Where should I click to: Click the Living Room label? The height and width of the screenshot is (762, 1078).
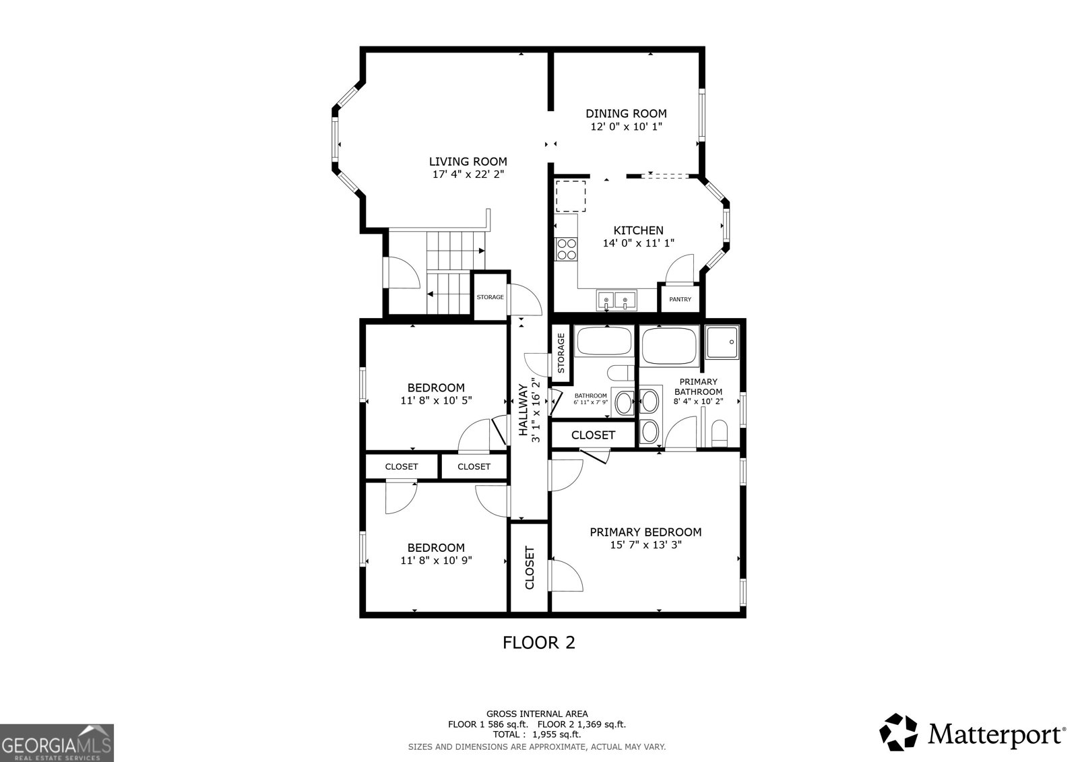(468, 162)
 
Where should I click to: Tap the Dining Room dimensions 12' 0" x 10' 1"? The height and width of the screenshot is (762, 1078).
(625, 127)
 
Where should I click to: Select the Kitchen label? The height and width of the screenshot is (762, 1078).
(638, 230)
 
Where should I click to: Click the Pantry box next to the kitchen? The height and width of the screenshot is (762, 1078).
(680, 299)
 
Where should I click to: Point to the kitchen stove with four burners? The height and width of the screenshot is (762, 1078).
(566, 249)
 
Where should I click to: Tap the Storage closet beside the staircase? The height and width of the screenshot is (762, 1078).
(490, 297)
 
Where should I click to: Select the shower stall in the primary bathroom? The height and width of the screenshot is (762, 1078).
(723, 342)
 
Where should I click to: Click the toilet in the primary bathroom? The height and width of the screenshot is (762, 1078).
(720, 433)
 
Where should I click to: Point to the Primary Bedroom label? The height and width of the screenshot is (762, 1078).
(645, 532)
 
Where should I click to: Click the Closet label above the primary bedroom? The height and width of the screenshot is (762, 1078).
(593, 435)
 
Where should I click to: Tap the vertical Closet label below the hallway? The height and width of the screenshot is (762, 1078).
(530, 567)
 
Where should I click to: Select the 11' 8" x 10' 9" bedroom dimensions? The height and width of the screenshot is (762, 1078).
(436, 560)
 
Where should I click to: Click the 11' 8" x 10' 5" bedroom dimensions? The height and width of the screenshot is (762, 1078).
(436, 400)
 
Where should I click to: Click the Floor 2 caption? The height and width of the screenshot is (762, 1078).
(539, 642)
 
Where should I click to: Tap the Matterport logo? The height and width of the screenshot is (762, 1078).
(973, 733)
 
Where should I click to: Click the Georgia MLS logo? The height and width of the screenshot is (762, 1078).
(57, 742)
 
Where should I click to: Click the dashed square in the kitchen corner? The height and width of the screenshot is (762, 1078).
(571, 195)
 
